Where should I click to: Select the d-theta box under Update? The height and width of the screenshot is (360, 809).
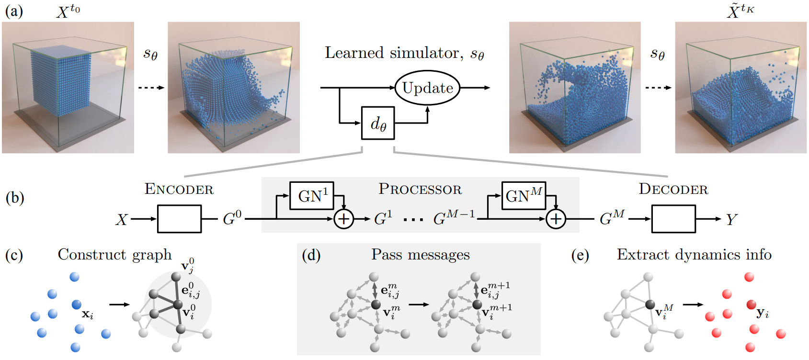378,123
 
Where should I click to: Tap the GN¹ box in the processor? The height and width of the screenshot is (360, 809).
312,196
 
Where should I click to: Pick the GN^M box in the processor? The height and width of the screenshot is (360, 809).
524,196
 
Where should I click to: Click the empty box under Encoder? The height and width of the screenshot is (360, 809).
180,219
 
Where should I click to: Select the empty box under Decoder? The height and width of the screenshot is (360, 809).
673,219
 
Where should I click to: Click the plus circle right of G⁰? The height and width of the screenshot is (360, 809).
343,219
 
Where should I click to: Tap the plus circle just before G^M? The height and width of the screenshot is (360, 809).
556,219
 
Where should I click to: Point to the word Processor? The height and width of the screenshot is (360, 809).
420,189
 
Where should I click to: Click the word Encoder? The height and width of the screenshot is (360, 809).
179,189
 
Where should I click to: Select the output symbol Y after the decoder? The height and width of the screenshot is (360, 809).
732,220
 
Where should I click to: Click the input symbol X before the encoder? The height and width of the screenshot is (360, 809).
121,220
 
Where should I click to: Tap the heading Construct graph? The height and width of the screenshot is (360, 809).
114,255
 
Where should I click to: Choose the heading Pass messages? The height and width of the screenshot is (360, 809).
421,255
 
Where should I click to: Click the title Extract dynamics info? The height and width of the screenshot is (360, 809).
694,255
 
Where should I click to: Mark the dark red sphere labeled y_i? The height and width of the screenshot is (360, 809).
751,305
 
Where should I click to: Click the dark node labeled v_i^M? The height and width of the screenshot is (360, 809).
650,305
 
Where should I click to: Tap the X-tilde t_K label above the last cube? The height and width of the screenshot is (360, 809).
741,11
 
